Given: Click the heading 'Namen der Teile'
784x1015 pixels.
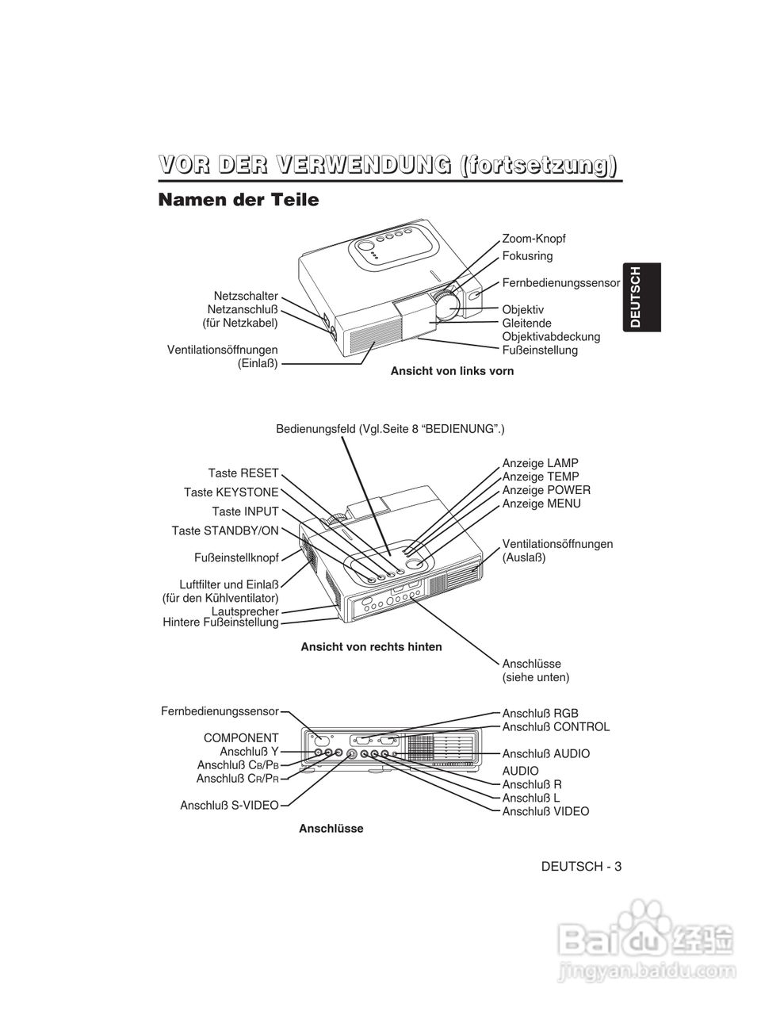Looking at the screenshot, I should click(x=239, y=200).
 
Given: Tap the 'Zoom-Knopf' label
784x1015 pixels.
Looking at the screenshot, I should click(x=534, y=239).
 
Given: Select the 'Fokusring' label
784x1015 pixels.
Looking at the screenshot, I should click(x=527, y=256).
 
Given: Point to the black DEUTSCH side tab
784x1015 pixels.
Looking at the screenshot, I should click(x=637, y=297).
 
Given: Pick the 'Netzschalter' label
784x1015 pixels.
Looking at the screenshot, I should click(x=246, y=296).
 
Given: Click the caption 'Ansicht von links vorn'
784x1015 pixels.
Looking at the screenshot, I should click(x=452, y=370).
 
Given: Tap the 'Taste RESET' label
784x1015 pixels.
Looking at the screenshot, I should click(x=243, y=473).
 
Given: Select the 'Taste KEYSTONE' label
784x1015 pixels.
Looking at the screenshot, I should click(x=231, y=492).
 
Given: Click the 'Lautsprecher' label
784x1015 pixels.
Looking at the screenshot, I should click(x=245, y=611).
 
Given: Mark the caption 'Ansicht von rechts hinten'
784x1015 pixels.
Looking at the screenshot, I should click(x=371, y=646).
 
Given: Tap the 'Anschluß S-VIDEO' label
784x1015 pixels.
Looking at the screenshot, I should click(x=229, y=806).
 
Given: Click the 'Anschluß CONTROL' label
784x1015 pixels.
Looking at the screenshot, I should click(x=556, y=726).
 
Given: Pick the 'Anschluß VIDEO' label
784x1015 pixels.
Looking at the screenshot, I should click(x=545, y=811).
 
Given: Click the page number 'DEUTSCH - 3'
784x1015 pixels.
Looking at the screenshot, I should click(x=581, y=866).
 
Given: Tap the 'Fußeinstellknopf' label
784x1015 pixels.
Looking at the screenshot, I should click(x=236, y=557).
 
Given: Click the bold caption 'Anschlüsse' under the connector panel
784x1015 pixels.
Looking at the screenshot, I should click(x=331, y=829).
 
